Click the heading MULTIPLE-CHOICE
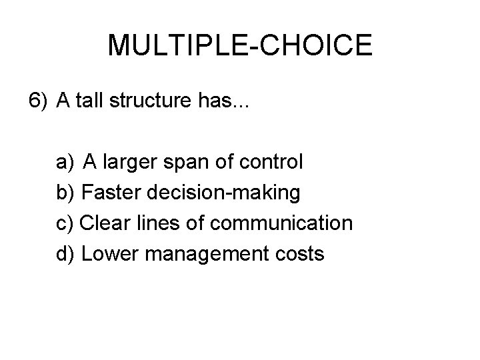(x=240, y=45)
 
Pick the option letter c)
(x=65, y=223)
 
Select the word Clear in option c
(x=103, y=223)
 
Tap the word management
(x=209, y=255)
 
